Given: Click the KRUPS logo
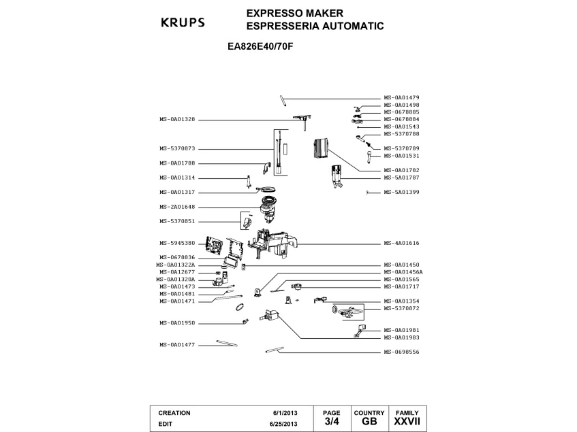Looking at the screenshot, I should pyautogui.click(x=182, y=22).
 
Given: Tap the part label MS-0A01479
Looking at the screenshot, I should pyautogui.click(x=401, y=98).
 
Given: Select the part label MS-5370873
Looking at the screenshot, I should pyautogui.click(x=177, y=148).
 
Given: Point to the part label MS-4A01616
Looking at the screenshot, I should pyautogui.click(x=401, y=243).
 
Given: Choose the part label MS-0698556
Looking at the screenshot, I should pyautogui.click(x=401, y=352).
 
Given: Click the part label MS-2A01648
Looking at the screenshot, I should pyautogui.click(x=177, y=207).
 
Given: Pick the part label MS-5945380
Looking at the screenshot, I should pyautogui.click(x=177, y=243).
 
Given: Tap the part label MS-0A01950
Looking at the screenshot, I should pyautogui.click(x=177, y=322).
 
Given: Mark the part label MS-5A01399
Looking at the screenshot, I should pyautogui.click(x=401, y=192).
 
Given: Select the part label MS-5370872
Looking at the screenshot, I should pyautogui.click(x=401, y=308).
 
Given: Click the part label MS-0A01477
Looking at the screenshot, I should pyautogui.click(x=177, y=344).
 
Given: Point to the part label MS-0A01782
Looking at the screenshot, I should pyautogui.click(x=401, y=170).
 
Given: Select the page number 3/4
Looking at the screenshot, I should pyautogui.click(x=331, y=422).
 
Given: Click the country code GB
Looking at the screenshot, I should pyautogui.click(x=369, y=422).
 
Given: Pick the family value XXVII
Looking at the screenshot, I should pyautogui.click(x=407, y=422).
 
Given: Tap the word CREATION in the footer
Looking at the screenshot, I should pyautogui.click(x=174, y=413).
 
